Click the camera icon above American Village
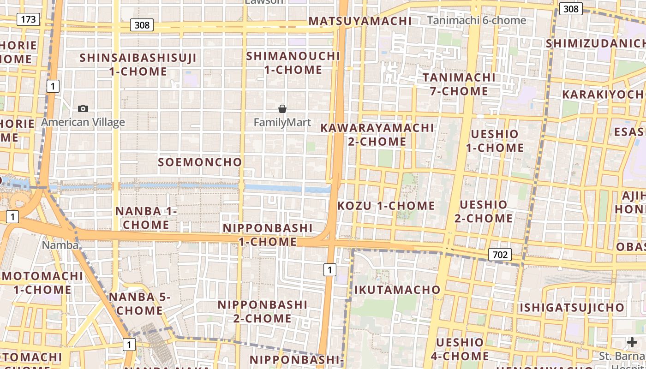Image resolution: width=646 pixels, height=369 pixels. coord(83,108)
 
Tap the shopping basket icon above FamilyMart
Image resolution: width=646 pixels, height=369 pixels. coord(282,109)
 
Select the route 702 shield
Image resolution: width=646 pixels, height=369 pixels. coord(500,255)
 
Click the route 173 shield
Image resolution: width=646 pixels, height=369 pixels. coord(28,19)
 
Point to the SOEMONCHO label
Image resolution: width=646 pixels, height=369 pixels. coord(200,162)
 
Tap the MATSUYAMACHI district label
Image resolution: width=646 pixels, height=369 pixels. coord(360,21)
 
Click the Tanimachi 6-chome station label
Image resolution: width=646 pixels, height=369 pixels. coord(476,20)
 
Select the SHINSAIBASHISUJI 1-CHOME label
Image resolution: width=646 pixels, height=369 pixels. coord(138,65)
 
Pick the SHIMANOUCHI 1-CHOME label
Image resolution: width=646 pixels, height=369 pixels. coord(293,63)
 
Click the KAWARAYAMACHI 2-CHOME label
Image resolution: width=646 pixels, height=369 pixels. coord(377,134)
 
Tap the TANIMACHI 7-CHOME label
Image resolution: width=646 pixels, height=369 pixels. coord(459,84)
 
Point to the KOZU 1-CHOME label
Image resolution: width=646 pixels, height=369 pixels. coord(386,206)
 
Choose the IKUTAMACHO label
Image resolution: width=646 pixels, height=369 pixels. coord(397,290)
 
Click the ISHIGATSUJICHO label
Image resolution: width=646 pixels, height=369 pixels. coord(572,307)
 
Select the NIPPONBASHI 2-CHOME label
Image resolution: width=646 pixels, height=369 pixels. coord(262,311)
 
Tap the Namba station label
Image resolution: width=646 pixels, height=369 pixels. coord(60,245)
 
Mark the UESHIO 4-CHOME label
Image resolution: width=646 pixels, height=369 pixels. coord(460,349)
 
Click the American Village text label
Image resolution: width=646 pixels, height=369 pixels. coord(83,122)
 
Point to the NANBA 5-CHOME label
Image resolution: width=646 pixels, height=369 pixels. coord(139,304)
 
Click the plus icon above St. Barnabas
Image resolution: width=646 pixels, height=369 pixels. coord(632,342)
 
